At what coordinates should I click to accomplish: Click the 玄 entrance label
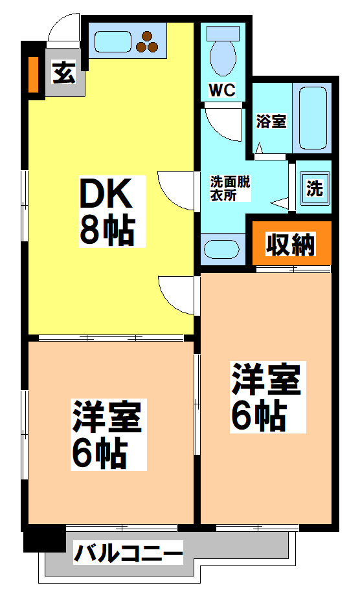click(63, 72)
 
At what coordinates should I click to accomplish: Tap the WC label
click(220, 89)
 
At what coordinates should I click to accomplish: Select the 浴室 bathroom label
click(271, 121)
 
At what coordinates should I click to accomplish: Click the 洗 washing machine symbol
click(314, 189)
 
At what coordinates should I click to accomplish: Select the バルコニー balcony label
click(128, 554)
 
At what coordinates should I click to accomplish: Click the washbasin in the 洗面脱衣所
click(222, 248)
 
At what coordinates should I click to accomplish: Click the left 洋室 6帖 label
click(107, 433)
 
